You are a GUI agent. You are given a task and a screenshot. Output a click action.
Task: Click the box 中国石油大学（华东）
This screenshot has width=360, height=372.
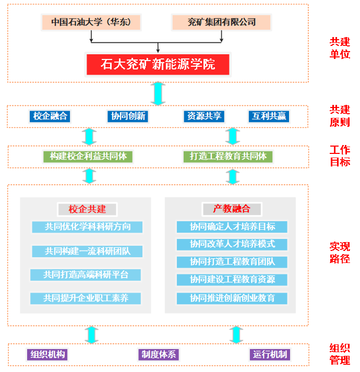tap(91, 22)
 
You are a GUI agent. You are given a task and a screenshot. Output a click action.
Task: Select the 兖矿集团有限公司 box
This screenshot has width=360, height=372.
tap(222, 22)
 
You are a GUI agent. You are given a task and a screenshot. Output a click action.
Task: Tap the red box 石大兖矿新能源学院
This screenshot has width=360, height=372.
tap(158, 65)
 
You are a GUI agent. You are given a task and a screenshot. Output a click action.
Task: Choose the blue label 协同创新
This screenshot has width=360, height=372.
tap(128, 116)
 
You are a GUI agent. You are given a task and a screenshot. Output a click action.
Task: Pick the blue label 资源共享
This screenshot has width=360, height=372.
tap(203, 116)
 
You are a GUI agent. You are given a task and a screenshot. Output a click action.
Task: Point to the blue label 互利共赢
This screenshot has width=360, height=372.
tap(268, 116)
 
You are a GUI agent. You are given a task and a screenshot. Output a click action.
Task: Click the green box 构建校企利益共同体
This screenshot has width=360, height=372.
tap(88, 156)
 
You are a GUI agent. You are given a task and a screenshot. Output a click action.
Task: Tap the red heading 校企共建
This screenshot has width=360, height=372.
tap(87, 209)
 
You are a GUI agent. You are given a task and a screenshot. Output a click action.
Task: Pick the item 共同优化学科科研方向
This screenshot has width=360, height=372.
tap(87, 227)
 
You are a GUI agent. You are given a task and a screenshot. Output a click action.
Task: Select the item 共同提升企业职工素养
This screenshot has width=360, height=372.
tap(87, 298)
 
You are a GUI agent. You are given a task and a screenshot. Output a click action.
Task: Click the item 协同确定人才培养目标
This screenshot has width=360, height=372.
tap(232, 227)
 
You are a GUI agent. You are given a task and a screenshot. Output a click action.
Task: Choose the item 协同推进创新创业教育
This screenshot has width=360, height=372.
tap(232, 298)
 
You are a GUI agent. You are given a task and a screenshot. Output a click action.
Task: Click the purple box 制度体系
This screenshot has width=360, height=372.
tap(158, 355)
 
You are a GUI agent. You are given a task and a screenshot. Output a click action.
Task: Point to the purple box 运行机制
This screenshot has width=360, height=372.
tap(270, 355)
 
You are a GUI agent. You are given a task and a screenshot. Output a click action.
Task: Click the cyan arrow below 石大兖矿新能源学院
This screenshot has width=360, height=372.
tap(158, 93)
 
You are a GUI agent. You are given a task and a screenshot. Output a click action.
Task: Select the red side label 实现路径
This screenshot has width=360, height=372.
tap(340, 253)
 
